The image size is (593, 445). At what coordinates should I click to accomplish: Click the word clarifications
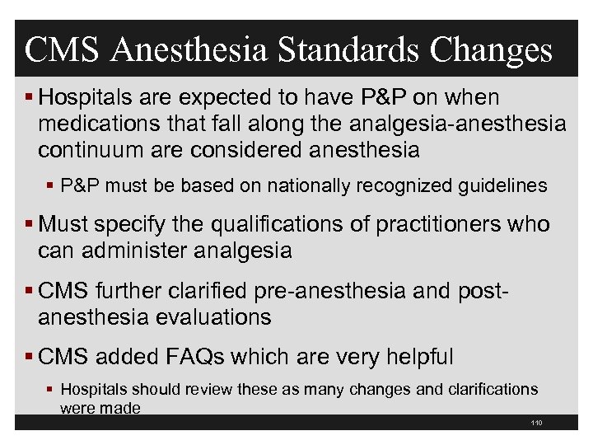[486, 389]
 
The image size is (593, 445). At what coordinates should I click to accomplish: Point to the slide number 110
[537, 423]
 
